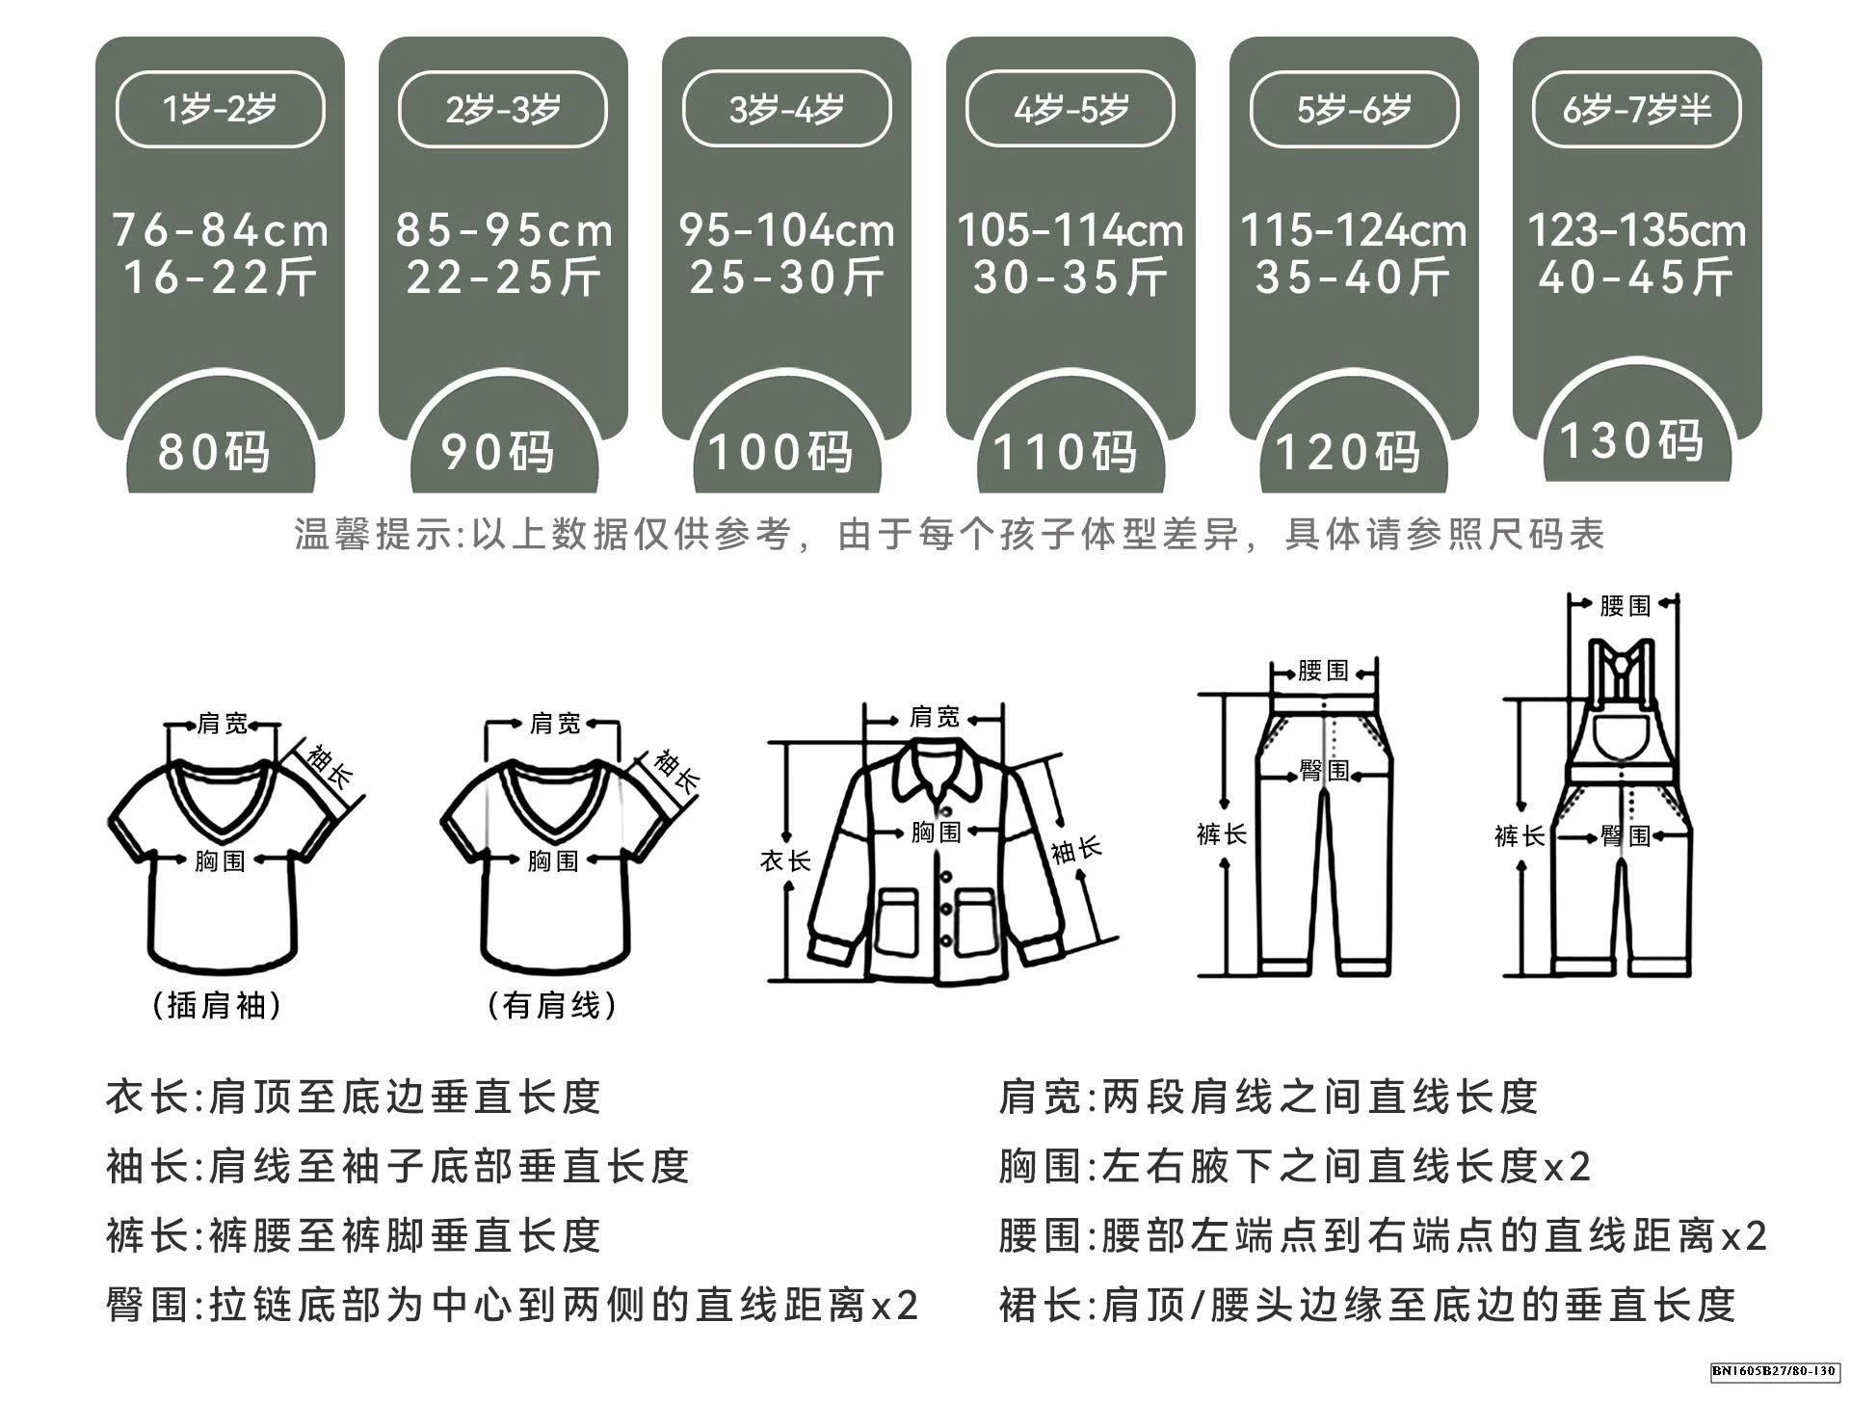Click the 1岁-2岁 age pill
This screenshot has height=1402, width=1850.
(220, 109)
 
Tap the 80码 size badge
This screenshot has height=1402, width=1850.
(214, 451)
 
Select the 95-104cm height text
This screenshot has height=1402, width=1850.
(786, 230)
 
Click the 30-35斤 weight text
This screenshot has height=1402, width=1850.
(1070, 278)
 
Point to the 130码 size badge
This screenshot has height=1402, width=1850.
(1631, 440)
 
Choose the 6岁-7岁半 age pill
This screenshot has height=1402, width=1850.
(1636, 109)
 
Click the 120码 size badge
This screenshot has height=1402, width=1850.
(1348, 451)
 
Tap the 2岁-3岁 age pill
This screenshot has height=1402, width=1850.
(503, 109)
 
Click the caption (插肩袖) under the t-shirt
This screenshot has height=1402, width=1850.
(218, 1006)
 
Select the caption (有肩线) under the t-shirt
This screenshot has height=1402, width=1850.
(552, 1006)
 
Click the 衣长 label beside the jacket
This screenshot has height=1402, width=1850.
(785, 860)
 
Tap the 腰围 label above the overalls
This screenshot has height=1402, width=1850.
(1625, 606)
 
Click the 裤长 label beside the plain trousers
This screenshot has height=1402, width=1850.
(1222, 834)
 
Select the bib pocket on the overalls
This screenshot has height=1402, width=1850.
(1623, 738)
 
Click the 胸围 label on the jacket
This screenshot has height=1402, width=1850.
(936, 831)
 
